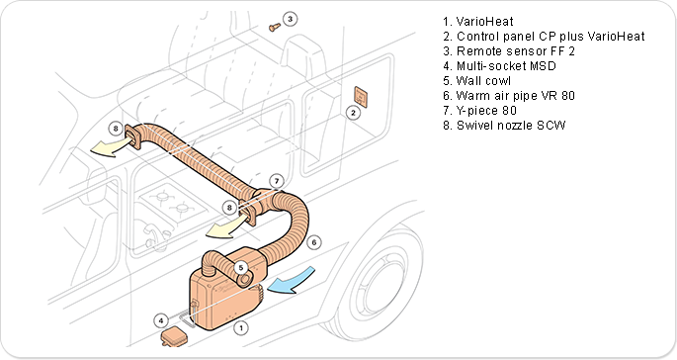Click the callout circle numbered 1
(x=241, y=328)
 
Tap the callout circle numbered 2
(x=353, y=113)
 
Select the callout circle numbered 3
(x=291, y=19)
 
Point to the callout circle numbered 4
(x=161, y=320)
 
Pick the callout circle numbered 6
(x=314, y=242)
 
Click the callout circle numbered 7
(x=277, y=181)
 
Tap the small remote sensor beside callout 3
(x=274, y=28)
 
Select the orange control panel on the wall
(x=361, y=97)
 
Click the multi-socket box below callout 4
(x=174, y=337)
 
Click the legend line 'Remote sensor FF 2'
(x=509, y=51)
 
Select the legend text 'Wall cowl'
(x=476, y=81)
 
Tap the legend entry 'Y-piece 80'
(x=479, y=110)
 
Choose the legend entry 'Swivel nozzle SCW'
(x=504, y=126)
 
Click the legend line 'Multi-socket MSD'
(x=499, y=65)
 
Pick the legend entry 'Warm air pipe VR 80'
(x=509, y=96)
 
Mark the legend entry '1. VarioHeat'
(x=478, y=21)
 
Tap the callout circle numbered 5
(x=241, y=268)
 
